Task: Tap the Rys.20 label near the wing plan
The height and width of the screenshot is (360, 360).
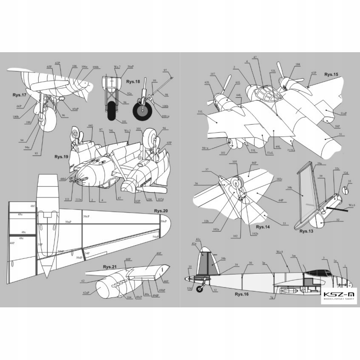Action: (160, 211)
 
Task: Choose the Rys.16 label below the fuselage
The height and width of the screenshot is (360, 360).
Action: (242, 294)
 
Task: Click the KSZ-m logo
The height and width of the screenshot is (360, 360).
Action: (339, 296)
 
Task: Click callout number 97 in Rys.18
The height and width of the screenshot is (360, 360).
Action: (165, 71)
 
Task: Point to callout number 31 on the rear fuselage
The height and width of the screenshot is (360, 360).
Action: (341, 134)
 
